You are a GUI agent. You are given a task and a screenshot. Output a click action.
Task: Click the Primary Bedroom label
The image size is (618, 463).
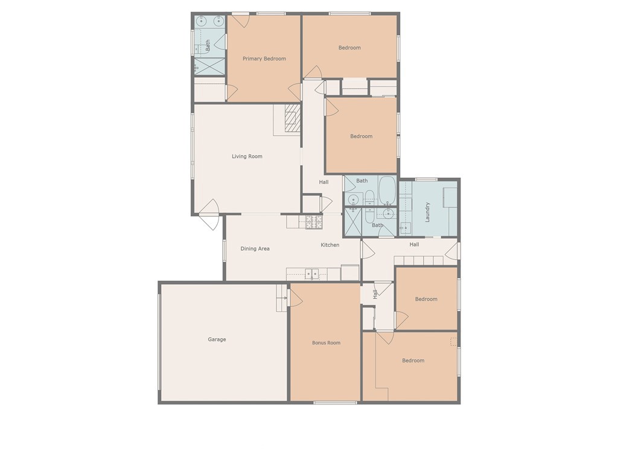pos(264,58)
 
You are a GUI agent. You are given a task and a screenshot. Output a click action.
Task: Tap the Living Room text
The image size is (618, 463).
pos(247,156)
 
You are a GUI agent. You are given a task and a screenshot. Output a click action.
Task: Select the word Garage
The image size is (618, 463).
pos(217,339)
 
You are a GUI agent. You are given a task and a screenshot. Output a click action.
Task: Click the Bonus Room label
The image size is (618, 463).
pos(326,342)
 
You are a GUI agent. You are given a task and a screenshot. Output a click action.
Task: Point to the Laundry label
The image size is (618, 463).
pos(427,212)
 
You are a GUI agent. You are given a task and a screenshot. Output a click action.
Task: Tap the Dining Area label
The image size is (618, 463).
pos(255,248)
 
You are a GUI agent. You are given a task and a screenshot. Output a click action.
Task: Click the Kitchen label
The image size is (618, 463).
pos(330,245)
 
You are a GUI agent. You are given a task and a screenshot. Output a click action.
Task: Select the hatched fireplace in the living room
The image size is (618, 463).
pos(292,118)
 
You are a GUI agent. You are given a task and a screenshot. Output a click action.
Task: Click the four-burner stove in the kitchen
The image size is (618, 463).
pos(313,222)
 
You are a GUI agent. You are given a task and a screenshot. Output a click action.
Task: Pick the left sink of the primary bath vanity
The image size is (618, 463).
pos(201,21)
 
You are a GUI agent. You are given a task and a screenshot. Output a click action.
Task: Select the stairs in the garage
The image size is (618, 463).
pos(282,298)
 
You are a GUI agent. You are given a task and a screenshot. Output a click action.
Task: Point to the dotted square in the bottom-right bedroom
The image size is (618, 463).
pos(453,342)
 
